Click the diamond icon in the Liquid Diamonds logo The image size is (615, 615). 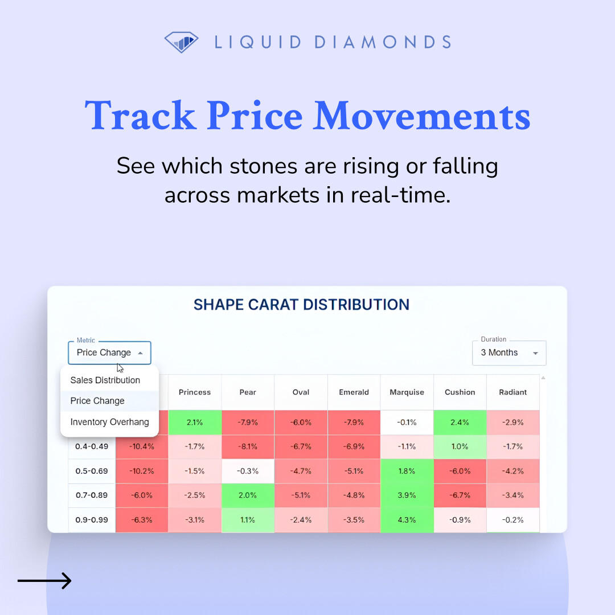pyautogui.click(x=181, y=42)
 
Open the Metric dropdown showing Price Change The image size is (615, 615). pyautogui.click(x=109, y=352)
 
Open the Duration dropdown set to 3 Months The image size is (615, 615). pyautogui.click(x=509, y=352)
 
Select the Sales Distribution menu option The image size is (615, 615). pyautogui.click(x=105, y=380)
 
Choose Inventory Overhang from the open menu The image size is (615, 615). pyautogui.click(x=109, y=422)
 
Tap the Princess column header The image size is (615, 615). pyautogui.click(x=195, y=392)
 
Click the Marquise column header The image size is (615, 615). pyautogui.click(x=407, y=392)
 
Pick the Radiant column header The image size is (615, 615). pyautogui.click(x=512, y=392)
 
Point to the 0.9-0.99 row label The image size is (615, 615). pyautogui.click(x=92, y=520)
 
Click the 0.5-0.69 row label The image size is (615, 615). pyautogui.click(x=92, y=471)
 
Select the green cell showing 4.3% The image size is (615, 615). pyautogui.click(x=407, y=520)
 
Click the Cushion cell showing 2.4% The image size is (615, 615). pyautogui.click(x=460, y=423)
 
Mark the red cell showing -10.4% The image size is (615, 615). pyautogui.click(x=141, y=446)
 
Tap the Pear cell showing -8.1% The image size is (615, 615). pyautogui.click(x=248, y=446)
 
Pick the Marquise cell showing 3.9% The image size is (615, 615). pyautogui.click(x=407, y=495)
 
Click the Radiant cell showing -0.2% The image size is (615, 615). pyautogui.click(x=512, y=520)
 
